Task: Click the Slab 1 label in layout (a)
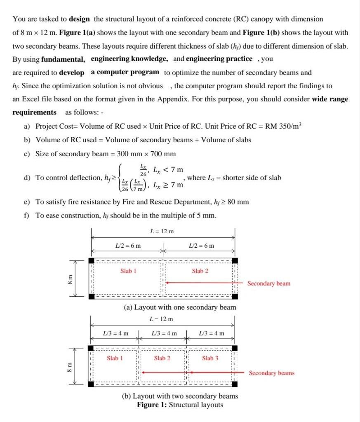click(128, 271)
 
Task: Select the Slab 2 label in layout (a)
click(200, 271)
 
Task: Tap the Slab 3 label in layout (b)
click(210, 358)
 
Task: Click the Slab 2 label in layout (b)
click(162, 358)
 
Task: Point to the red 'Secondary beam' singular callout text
click(268, 284)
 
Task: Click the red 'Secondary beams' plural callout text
click(271, 373)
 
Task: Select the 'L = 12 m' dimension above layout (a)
click(162, 232)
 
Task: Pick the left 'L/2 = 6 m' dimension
click(127, 246)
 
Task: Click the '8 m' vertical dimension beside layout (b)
click(70, 366)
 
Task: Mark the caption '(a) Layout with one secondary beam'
click(180, 307)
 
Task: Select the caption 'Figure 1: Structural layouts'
click(180, 404)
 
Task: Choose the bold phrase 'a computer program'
click(125, 72)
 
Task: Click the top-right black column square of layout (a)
click(235, 260)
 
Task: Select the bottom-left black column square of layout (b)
click(91, 384)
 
